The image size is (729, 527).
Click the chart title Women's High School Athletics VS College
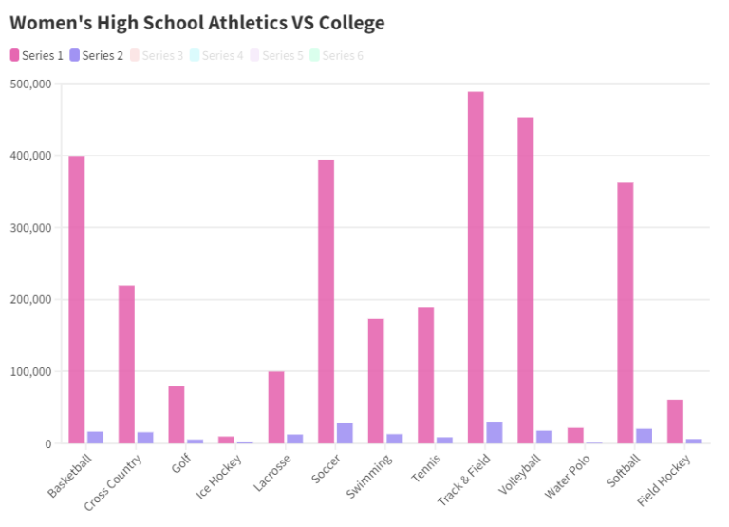click(x=196, y=22)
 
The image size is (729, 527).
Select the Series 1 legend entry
click(x=37, y=55)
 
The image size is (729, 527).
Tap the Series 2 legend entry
click(x=97, y=55)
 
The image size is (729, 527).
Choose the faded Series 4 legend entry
click(x=215, y=55)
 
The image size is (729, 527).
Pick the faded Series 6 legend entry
click(x=336, y=55)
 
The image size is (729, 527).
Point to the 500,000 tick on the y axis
click(x=30, y=84)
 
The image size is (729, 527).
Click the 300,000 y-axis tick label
click(x=30, y=228)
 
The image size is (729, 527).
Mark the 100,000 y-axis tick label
click(x=30, y=371)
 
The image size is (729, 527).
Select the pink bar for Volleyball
click(x=526, y=280)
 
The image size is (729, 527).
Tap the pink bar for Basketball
click(x=77, y=299)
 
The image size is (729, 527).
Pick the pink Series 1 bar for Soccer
click(x=326, y=301)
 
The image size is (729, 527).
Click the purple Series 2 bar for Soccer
click(x=345, y=433)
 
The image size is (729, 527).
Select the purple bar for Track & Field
click(x=495, y=432)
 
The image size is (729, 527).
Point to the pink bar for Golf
click(x=177, y=414)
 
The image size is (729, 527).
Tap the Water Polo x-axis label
click(x=568, y=475)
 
